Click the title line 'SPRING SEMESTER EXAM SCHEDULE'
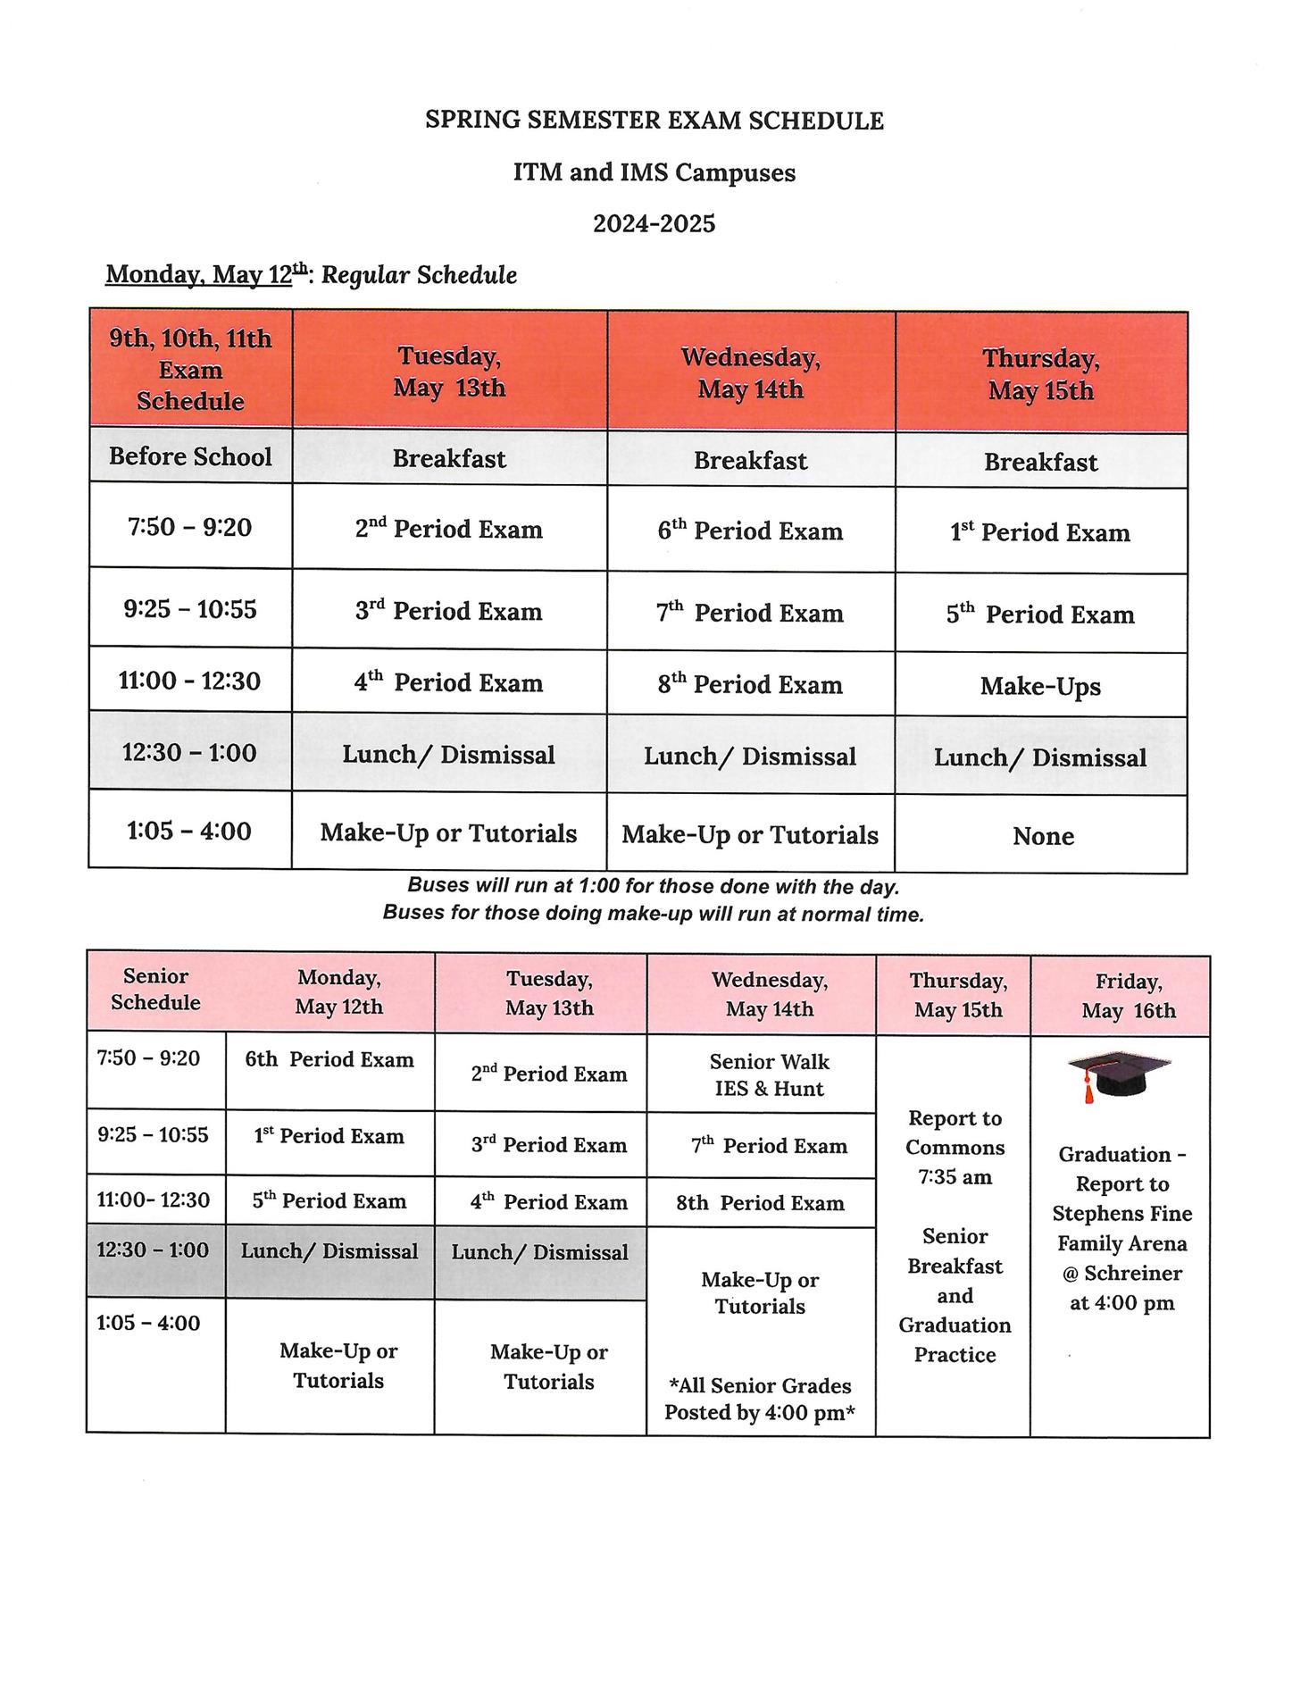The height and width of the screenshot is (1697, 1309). point(654,121)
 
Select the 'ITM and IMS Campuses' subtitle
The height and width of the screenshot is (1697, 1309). point(654,171)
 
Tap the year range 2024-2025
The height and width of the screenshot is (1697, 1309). point(654,222)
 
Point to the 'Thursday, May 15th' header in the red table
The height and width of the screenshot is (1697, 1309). point(1041,374)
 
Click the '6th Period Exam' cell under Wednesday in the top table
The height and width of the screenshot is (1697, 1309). point(750,531)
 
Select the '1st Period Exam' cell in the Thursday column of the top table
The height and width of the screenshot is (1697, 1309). point(1040,532)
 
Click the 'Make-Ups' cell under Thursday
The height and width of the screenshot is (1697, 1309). point(1040,686)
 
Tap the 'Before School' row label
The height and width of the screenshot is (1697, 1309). point(190,456)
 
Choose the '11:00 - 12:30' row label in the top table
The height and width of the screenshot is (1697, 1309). point(190,681)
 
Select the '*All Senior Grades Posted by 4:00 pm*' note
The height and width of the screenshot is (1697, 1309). point(760,1399)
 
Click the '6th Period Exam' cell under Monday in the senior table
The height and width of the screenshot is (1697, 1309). point(329,1059)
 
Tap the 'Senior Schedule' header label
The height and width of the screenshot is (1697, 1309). point(156,990)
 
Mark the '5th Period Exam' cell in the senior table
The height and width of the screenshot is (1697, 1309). point(329,1200)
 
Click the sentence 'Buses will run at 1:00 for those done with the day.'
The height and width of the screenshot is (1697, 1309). point(653,886)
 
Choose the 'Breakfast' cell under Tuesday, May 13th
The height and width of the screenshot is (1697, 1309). point(449,459)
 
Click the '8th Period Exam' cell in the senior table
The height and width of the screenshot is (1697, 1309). point(760,1203)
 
